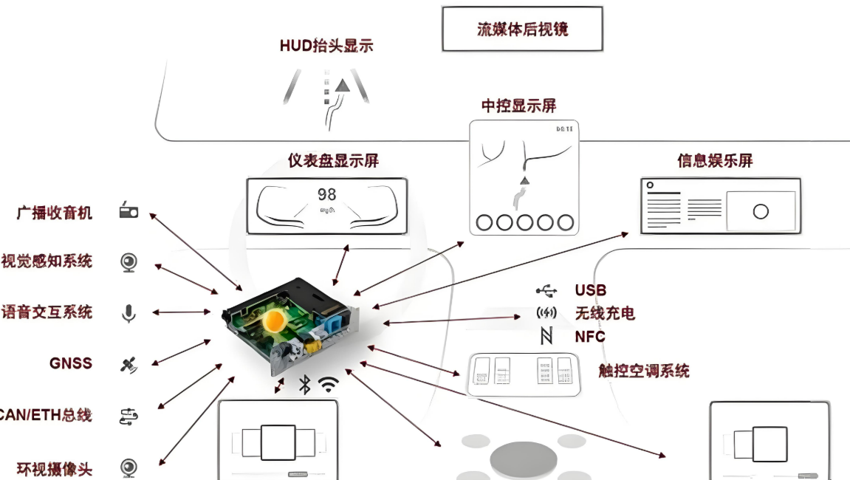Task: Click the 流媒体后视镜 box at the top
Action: [x=522, y=30]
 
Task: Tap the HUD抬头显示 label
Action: [x=326, y=46]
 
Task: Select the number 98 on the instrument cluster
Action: [x=326, y=194]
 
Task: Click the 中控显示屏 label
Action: [x=518, y=106]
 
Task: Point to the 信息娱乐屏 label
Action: [x=715, y=161]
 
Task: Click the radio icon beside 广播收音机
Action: [x=128, y=212]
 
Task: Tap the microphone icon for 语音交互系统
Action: [x=128, y=313]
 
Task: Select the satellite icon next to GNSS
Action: [x=128, y=364]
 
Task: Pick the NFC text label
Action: [x=590, y=337]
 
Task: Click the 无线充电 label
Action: [x=605, y=314]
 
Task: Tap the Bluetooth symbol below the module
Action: [x=304, y=384]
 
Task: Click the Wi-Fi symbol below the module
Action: [x=328, y=384]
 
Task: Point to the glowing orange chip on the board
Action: [x=275, y=320]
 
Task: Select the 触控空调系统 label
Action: [x=644, y=371]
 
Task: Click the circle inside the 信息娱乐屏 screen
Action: [x=761, y=212]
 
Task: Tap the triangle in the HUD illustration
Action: [x=342, y=86]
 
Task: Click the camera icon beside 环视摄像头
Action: [x=128, y=467]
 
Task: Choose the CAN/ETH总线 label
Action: [x=46, y=415]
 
